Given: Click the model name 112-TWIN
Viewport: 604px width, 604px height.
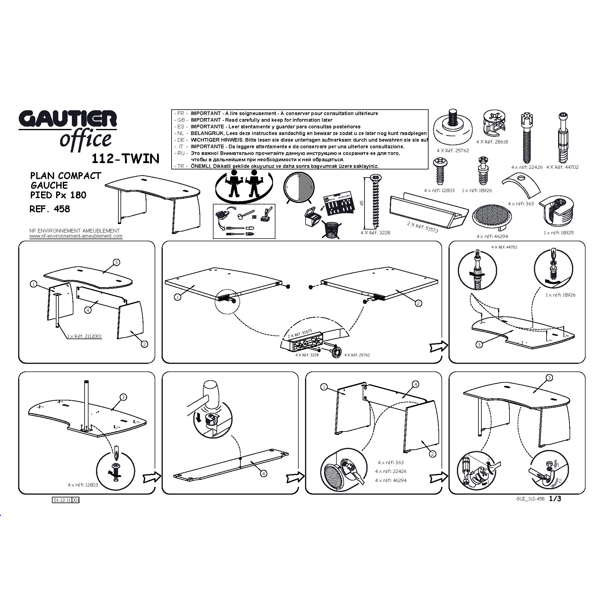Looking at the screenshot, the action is coord(125,159).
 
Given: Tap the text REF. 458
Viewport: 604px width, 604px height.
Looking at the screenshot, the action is coord(50,209).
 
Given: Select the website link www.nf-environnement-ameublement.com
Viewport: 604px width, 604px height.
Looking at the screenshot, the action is coord(76,236).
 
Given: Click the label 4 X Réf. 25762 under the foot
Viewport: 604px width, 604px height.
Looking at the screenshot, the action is coord(453,151).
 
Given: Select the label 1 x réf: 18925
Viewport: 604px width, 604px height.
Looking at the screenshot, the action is coord(559,233).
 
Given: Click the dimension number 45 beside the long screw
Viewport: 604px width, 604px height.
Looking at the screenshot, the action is coord(362,203).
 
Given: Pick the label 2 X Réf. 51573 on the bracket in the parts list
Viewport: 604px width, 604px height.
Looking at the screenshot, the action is coord(423,227).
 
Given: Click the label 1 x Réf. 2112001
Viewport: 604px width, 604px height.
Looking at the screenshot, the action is coord(85,337).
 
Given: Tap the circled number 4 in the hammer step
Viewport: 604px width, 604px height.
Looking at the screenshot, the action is coord(264,474).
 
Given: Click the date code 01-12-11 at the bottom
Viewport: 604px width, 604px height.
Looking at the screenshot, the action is coord(62,500).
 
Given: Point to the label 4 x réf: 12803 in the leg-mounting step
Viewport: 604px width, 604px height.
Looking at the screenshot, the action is coord(83,485).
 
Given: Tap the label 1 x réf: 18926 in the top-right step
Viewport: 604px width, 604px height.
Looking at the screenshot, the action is coord(561,295).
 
